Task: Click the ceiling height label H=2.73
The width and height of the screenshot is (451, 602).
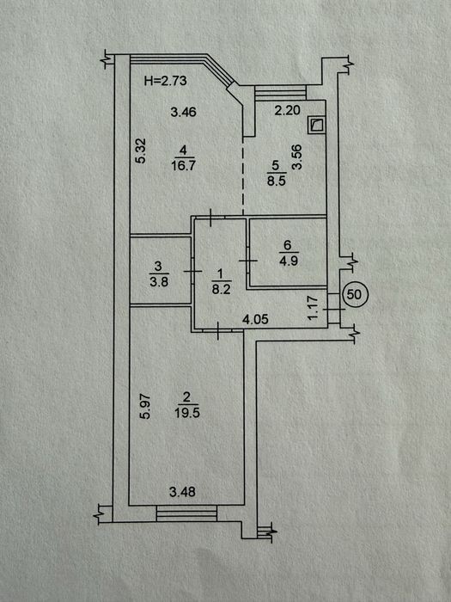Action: (x=165, y=81)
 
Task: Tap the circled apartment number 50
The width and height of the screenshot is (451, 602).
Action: (x=354, y=294)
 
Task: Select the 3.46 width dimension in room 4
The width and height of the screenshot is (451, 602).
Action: (x=183, y=112)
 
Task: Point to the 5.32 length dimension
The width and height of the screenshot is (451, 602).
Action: (x=141, y=150)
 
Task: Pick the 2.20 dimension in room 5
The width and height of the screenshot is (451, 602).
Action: (x=287, y=111)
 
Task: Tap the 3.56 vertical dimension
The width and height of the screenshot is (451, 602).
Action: (x=297, y=157)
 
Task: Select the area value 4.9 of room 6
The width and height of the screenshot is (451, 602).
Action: (x=289, y=261)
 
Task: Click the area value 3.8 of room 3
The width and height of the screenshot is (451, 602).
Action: (x=159, y=282)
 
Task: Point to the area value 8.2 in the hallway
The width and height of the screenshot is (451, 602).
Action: (x=222, y=289)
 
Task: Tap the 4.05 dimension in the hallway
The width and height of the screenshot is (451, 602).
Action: (x=256, y=319)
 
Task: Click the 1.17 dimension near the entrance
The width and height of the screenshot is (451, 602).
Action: (x=313, y=307)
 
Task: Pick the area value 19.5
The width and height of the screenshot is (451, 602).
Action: (x=187, y=413)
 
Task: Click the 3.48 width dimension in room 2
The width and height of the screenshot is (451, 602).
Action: (x=182, y=492)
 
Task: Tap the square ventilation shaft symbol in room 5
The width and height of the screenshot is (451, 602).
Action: (x=316, y=126)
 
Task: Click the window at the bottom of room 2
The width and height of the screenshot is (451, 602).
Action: (x=186, y=513)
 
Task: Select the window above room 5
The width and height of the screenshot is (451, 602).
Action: (x=280, y=93)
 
